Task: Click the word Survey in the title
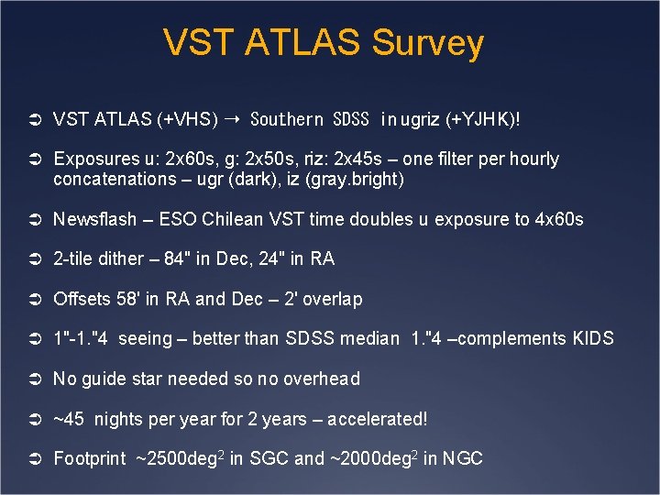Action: click(426, 43)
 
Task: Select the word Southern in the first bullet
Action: click(286, 119)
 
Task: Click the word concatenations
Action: click(115, 179)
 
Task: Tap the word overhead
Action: click(320, 379)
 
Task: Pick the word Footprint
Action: click(90, 458)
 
